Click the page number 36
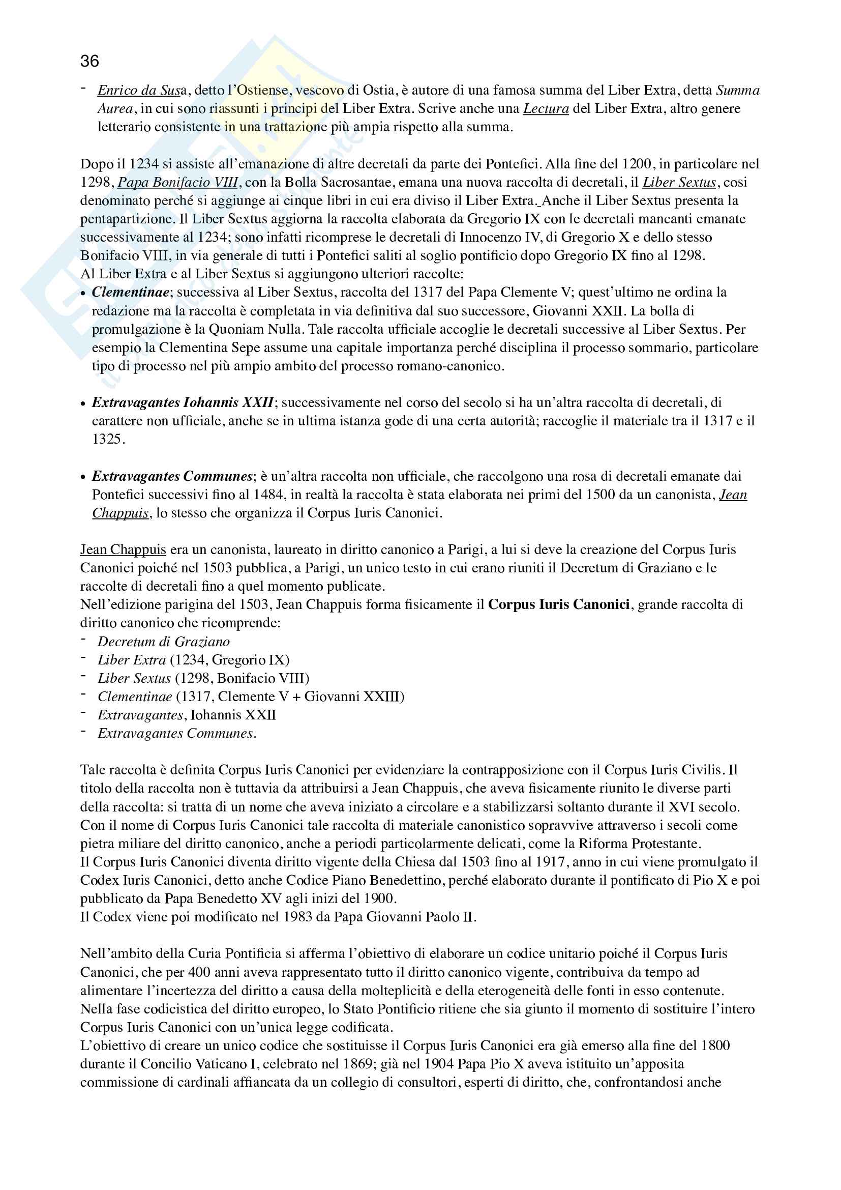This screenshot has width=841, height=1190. tap(89, 61)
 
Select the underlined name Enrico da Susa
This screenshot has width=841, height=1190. tap(139, 90)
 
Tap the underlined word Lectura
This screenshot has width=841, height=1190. tap(546, 109)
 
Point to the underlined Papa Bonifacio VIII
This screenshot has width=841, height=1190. tap(177, 183)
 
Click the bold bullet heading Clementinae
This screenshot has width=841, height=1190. tap(131, 293)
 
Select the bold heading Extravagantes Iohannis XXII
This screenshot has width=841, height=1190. tap(183, 403)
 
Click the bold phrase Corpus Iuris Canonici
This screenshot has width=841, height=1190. tap(559, 605)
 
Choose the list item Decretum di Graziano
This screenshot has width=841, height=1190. tap(164, 642)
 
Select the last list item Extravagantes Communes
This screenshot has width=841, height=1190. tap(176, 734)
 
